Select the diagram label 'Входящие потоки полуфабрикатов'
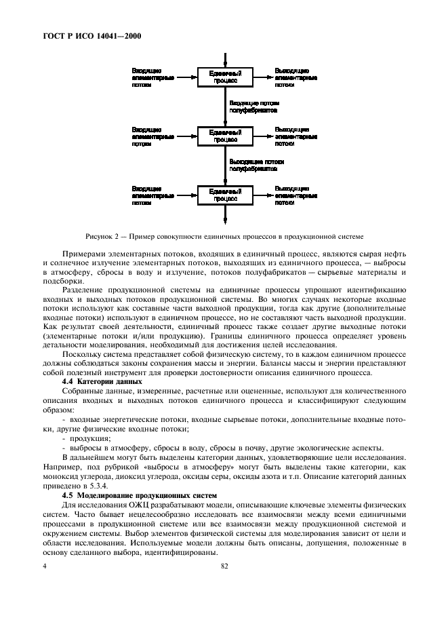point(253,106)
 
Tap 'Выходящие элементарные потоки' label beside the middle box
point(296,136)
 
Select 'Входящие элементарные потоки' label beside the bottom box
point(152,195)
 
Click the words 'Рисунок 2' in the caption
point(101,236)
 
